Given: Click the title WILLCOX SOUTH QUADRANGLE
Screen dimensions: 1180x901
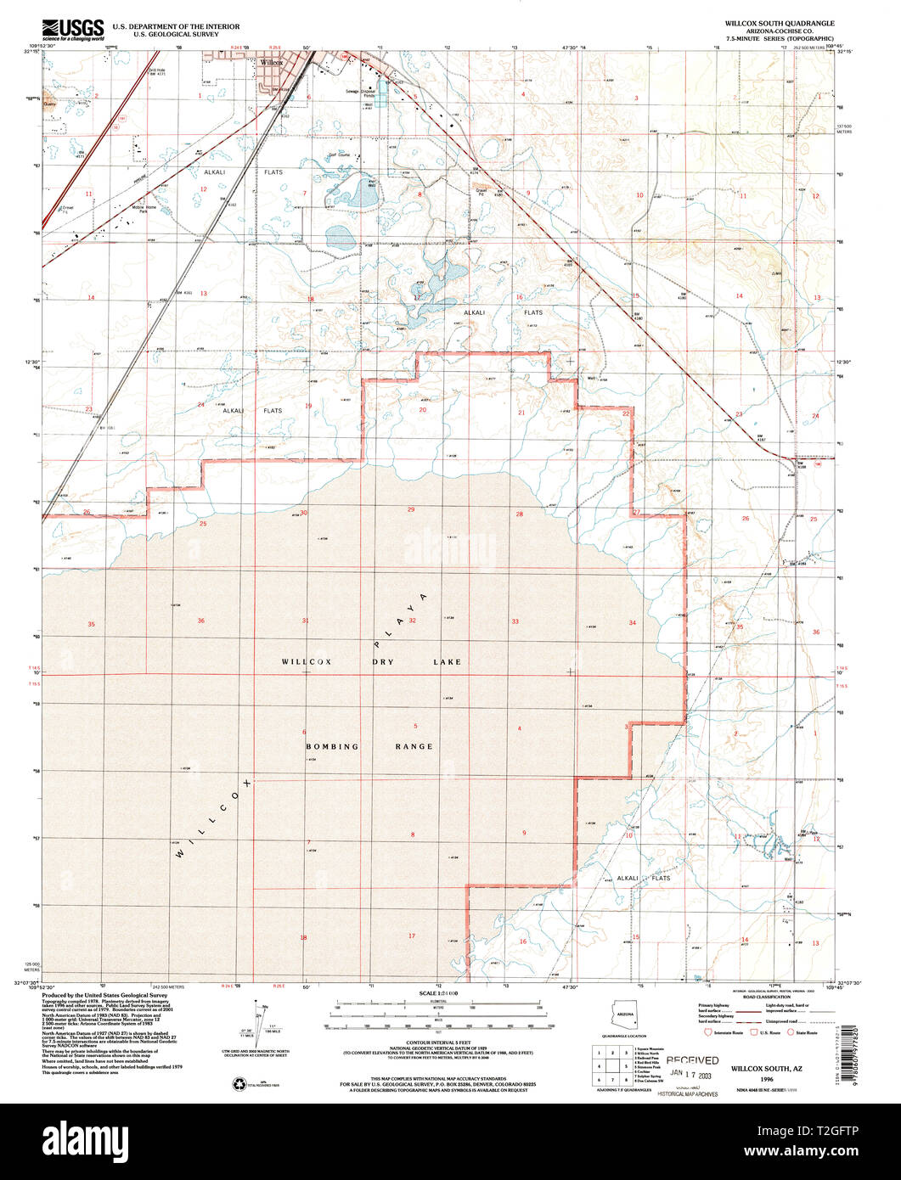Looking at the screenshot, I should coord(779,24).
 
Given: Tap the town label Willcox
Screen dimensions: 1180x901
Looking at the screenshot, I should coord(271,62).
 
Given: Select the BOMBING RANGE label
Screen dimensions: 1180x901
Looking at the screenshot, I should coord(369,746).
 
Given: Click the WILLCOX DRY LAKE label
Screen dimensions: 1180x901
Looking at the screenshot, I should coord(371,660).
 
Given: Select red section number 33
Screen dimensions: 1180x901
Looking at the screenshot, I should coord(515,621).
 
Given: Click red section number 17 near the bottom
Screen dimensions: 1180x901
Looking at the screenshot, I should coord(412,936).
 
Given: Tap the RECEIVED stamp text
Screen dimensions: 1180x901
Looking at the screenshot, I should coord(692,1060).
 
